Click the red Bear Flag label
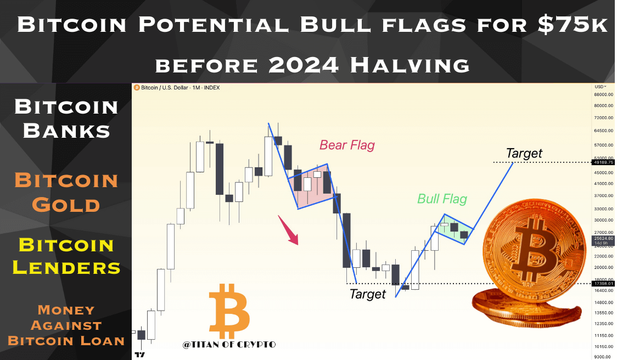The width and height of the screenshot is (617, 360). [x=347, y=145]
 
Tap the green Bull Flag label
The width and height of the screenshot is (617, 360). [x=442, y=199]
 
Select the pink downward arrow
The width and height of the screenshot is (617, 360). [x=289, y=230]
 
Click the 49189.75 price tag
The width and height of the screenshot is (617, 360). [x=603, y=162]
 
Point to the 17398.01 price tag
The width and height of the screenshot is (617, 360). [x=603, y=283]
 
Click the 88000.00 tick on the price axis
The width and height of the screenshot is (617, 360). [x=604, y=94]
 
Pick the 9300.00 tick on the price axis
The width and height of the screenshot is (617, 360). [x=604, y=357]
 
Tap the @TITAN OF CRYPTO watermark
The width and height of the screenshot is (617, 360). [x=229, y=345]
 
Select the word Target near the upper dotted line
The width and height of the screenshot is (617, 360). [x=524, y=153]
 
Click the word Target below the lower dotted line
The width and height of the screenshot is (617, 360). [x=368, y=294]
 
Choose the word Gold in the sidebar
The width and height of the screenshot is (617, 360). [x=66, y=205]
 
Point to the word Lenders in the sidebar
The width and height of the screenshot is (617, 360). [x=66, y=268]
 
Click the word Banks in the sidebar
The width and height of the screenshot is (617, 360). [x=66, y=131]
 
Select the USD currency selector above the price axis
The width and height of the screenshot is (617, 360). [x=600, y=87]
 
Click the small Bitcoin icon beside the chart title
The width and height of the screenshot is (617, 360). [x=137, y=88]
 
